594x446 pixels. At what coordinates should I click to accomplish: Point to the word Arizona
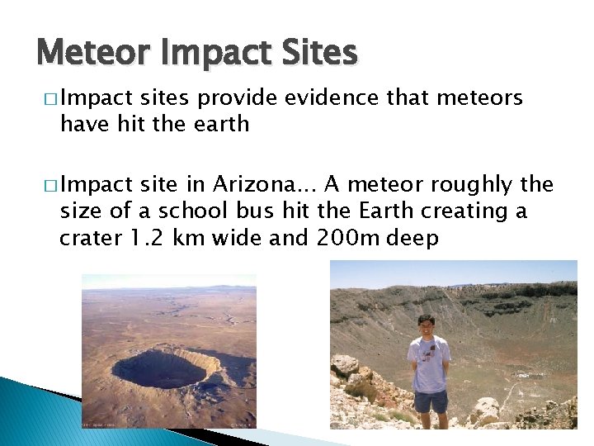click(x=267, y=184)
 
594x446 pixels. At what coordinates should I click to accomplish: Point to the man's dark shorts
click(x=431, y=401)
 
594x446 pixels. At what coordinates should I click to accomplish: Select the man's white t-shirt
click(x=430, y=363)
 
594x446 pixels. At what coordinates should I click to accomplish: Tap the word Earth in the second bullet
click(x=384, y=211)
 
